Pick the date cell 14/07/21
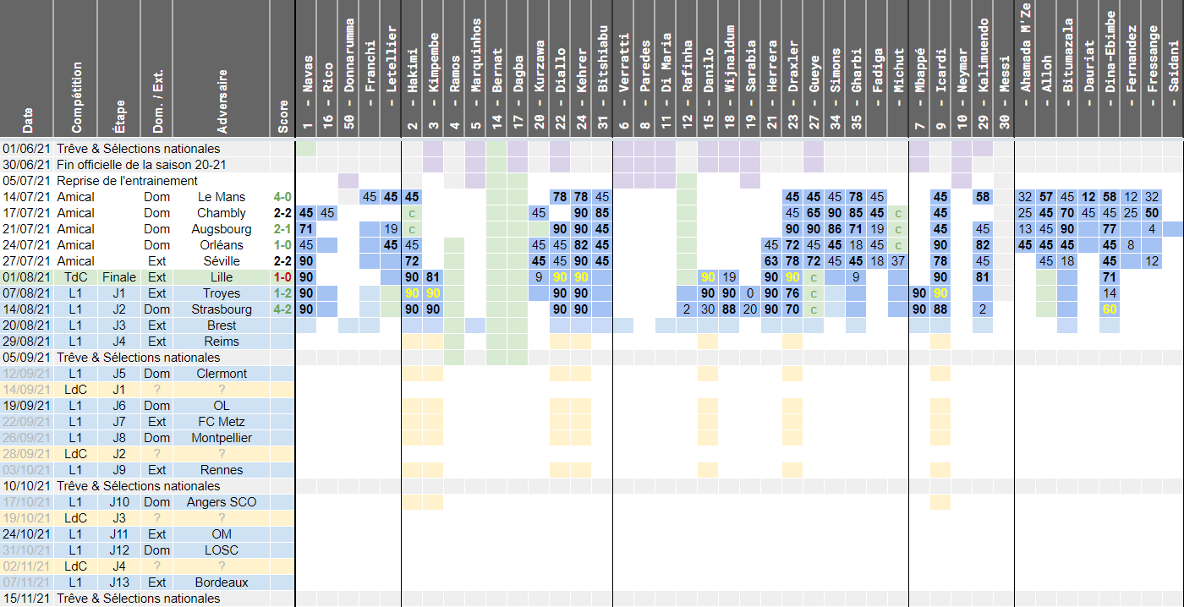tap(25, 197)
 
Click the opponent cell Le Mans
tap(222, 197)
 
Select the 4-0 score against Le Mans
tap(282, 197)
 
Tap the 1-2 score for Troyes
tap(282, 293)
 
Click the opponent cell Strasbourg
tap(222, 309)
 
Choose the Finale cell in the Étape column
tap(119, 277)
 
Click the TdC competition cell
tap(76, 277)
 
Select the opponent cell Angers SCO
tap(222, 502)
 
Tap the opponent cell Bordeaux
tap(222, 582)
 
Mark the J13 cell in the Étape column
tap(119, 582)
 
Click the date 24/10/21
tap(25, 534)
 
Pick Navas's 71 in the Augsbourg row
tap(306, 229)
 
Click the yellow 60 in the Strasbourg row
tap(1110, 309)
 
